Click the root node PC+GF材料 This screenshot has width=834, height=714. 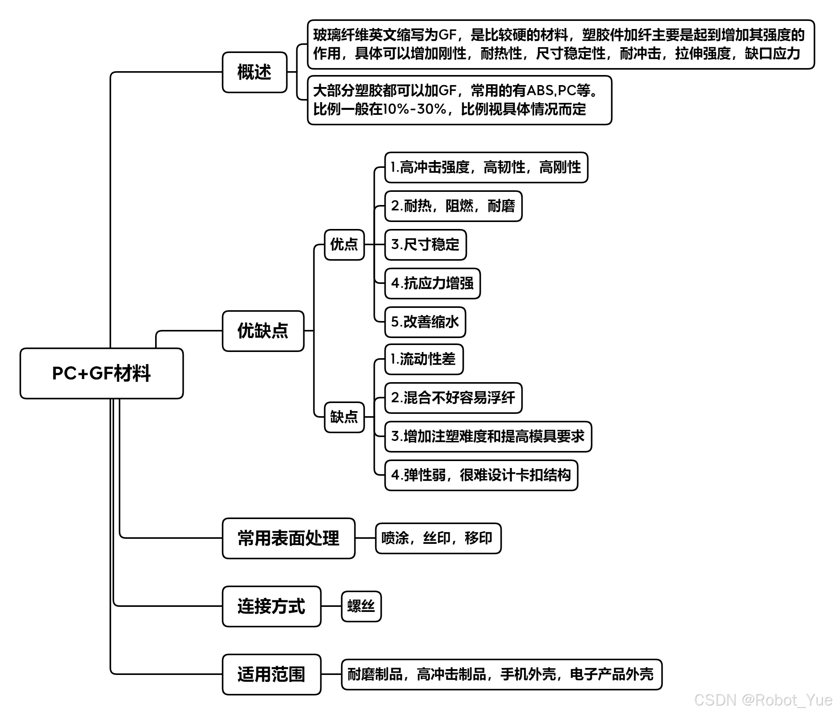pyautogui.click(x=101, y=373)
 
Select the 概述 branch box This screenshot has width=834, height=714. pyautogui.click(x=255, y=72)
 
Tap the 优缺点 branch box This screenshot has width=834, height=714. pyautogui.click(x=263, y=331)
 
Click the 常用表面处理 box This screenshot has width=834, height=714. pyautogui.click(x=289, y=538)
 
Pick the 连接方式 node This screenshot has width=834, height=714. pyautogui.click(x=271, y=606)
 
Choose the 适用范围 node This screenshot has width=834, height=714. pyautogui.click(x=271, y=674)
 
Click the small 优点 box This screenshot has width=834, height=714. pyautogui.click(x=344, y=244)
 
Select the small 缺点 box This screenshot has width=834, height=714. pyautogui.click(x=344, y=417)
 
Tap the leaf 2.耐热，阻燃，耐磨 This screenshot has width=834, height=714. pyautogui.click(x=453, y=206)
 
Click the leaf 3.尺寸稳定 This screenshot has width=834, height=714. pyautogui.click(x=426, y=245)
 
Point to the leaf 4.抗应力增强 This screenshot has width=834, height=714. pyautogui.click(x=432, y=284)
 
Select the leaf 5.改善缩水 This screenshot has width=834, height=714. pyautogui.click(x=425, y=322)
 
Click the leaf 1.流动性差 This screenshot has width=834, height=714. pyautogui.click(x=424, y=359)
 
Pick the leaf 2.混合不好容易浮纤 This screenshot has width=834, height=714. pyautogui.click(x=453, y=398)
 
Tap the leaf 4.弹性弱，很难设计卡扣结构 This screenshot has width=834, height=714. pyautogui.click(x=481, y=475)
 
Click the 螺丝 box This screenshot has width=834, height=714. pyautogui.click(x=361, y=606)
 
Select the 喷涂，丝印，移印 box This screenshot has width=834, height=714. pyautogui.click(x=438, y=538)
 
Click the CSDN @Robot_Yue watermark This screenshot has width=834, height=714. pyautogui.click(x=763, y=700)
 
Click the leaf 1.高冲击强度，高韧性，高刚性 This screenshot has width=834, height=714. pyautogui.click(x=486, y=167)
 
